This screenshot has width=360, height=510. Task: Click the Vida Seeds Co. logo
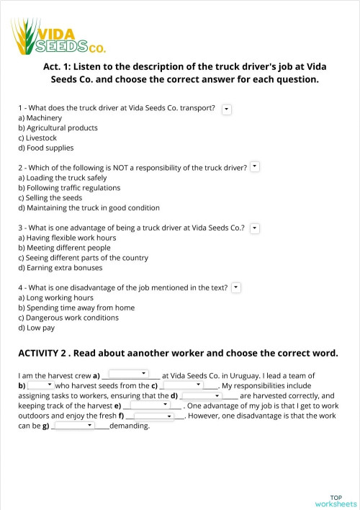[x=58, y=37]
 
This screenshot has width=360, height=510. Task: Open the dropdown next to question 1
[x=227, y=108]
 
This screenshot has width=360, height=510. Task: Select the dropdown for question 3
[x=254, y=228]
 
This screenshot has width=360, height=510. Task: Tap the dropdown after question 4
[x=236, y=287]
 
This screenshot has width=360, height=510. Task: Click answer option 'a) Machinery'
[x=40, y=118]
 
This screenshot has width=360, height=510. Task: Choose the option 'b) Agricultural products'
[x=58, y=128]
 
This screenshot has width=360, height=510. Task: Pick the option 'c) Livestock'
[x=37, y=138]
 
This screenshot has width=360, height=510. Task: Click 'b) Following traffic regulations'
[x=69, y=188]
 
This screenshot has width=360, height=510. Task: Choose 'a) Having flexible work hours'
[x=67, y=238]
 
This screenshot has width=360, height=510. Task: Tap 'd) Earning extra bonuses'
[x=60, y=268]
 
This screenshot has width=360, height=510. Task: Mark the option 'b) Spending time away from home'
[x=76, y=308]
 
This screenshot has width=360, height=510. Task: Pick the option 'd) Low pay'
[x=37, y=328]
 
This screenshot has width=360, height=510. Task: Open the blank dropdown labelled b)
[x=41, y=385]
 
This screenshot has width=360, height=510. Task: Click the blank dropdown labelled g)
[x=75, y=426]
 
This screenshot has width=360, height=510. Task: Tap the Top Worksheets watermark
[x=336, y=501]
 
